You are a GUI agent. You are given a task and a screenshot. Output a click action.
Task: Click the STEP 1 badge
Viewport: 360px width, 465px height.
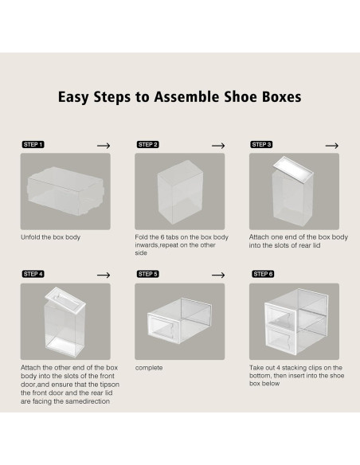32,145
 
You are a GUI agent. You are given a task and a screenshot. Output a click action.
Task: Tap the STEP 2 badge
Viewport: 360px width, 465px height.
147,145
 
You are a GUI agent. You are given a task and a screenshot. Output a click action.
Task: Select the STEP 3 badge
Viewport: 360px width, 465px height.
262,145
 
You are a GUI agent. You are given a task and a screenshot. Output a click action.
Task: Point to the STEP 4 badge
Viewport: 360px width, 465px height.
32,274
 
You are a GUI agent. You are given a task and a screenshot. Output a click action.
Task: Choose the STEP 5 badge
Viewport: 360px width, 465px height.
147,274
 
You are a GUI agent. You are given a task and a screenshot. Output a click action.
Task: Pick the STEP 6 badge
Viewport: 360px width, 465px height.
262,274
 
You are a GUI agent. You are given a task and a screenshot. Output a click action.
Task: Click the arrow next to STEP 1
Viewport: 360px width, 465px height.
103,145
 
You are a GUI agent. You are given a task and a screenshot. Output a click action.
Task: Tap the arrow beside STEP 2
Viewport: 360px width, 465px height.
217,145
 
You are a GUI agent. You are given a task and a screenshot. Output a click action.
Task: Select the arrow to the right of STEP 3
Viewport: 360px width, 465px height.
331,145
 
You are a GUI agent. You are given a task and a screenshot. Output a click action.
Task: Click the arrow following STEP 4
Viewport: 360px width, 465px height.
103,274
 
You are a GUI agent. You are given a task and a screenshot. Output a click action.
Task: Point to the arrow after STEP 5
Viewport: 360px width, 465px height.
217,274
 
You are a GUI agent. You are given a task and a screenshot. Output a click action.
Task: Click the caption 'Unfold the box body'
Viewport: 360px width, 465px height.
50,237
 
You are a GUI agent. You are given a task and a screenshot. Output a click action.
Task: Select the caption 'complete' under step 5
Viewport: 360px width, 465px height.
149,368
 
